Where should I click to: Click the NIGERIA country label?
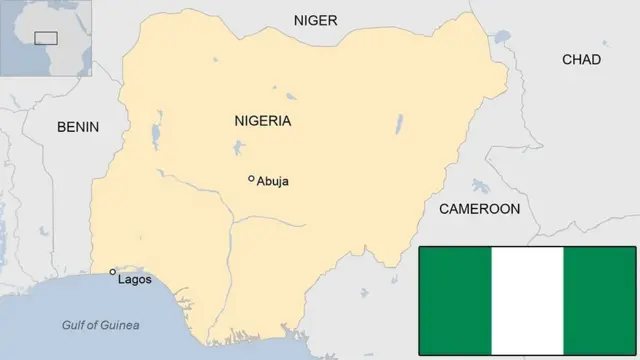(x=262, y=121)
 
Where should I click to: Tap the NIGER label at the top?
(x=315, y=20)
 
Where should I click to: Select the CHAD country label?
(x=581, y=60)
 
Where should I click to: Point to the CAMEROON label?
(x=480, y=209)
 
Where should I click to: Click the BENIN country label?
(x=79, y=127)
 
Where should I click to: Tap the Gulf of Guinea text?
(x=100, y=325)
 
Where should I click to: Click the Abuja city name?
(x=273, y=181)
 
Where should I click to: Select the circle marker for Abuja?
(x=251, y=179)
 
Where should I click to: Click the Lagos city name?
(x=134, y=279)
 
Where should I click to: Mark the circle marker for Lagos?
(x=112, y=271)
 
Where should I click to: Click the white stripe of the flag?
(x=527, y=300)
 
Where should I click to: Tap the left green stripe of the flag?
(x=455, y=300)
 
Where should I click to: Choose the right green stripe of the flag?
(x=599, y=300)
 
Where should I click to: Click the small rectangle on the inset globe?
(x=45, y=38)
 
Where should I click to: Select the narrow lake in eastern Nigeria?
(x=398, y=124)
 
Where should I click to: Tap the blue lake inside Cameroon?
(x=480, y=186)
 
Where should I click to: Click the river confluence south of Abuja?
(x=233, y=221)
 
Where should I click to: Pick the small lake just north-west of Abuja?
(x=238, y=149)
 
